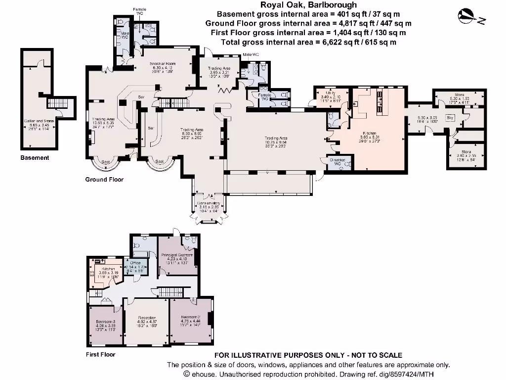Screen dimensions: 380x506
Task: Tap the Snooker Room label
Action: click(163, 64)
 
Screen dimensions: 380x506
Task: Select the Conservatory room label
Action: click(208, 203)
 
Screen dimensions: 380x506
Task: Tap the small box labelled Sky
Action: click(450, 118)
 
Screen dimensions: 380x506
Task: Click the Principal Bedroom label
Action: click(176, 255)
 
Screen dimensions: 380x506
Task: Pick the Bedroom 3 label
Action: click(106, 322)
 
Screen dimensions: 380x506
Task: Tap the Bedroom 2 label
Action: click(190, 317)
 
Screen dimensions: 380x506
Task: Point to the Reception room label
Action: click(147, 318)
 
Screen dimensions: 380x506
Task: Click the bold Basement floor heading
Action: click(35, 158)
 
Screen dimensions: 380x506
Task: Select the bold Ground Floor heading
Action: click(104, 180)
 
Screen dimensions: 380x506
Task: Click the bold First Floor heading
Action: click(100, 355)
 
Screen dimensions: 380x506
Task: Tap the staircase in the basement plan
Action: click(57, 103)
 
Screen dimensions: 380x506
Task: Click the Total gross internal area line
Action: click(308, 42)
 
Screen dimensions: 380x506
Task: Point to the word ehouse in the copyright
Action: click(204, 374)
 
